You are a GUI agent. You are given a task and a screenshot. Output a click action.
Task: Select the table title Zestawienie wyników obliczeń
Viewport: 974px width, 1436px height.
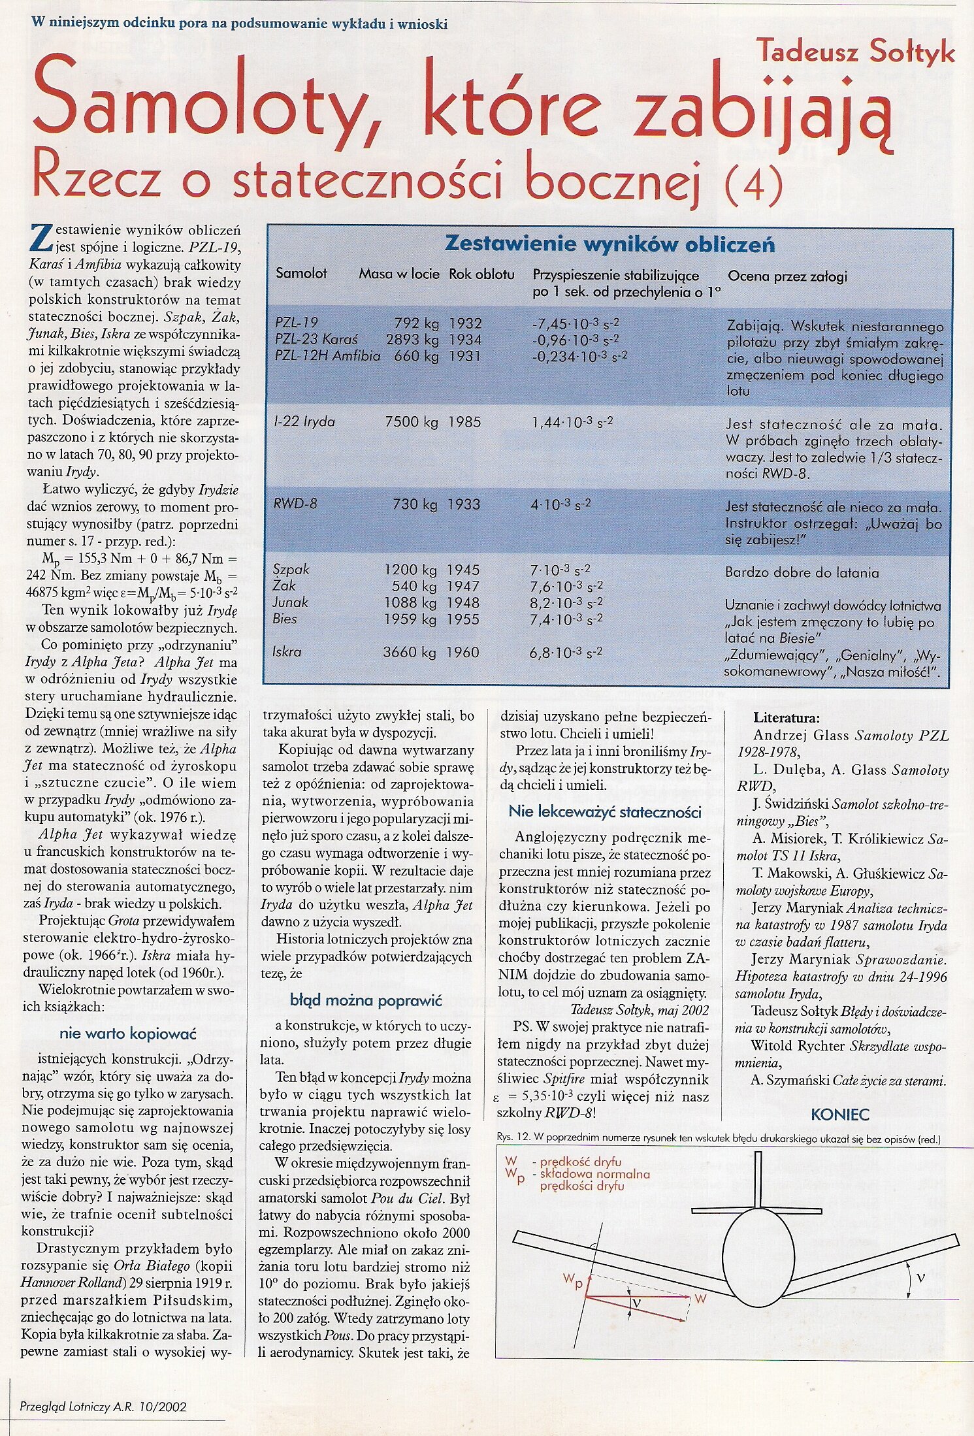point(609,244)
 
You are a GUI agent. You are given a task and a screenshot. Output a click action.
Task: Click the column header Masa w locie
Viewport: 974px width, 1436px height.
point(398,274)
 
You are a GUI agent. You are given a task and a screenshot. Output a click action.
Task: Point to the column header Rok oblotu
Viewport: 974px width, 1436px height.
point(481,274)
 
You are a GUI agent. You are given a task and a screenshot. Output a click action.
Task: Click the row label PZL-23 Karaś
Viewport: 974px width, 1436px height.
point(315,340)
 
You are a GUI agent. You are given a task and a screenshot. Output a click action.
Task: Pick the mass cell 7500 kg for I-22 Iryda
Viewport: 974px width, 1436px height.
point(412,422)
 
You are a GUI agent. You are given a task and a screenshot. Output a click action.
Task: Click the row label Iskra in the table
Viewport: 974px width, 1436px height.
point(287,651)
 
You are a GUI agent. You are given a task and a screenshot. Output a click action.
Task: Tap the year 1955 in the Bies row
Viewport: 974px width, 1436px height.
point(463,619)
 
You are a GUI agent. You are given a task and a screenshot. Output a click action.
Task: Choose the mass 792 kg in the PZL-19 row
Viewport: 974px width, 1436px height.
point(416,323)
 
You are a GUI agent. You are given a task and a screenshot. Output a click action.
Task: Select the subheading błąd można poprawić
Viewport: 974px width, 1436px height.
point(366,1000)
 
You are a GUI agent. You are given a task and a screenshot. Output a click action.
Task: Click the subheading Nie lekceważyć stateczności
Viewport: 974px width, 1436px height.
point(604,812)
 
